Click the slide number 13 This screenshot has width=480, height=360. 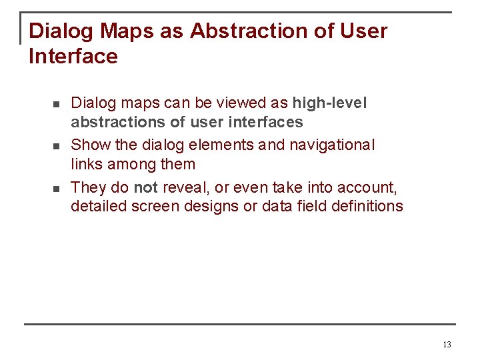pos(447,345)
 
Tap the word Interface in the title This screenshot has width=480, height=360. pos(73,57)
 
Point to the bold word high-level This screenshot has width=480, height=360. pos(329,103)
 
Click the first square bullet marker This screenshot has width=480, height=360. pos(57,105)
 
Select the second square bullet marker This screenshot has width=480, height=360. pos(57,146)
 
